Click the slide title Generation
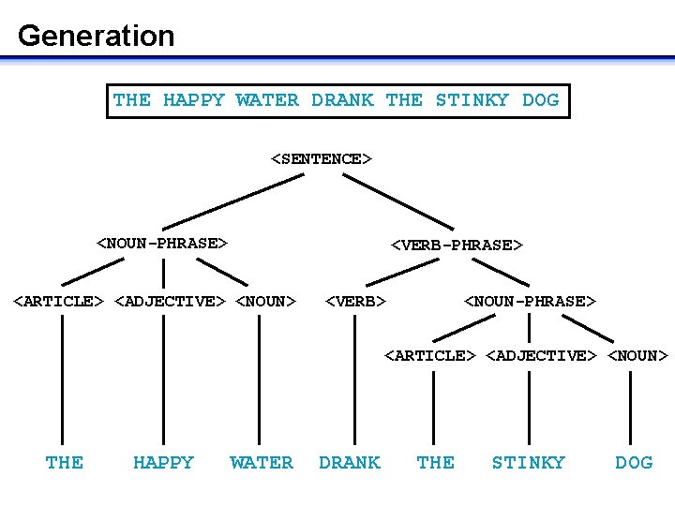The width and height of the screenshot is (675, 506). pos(96,36)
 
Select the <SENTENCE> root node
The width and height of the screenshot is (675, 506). pos(322,158)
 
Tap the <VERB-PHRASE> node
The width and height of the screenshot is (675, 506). pos(456,245)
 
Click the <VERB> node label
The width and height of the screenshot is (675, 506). pos(355,301)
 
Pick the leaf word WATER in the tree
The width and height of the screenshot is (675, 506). pos(261,462)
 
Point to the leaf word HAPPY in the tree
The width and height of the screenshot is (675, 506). pos(163,462)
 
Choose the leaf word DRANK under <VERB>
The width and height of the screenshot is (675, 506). pos(350,462)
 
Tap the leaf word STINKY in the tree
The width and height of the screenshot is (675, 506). pos(529,462)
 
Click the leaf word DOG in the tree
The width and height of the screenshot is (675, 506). pos(634,462)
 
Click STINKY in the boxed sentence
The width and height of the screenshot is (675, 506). pos(472,100)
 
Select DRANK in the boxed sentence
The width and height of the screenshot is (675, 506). pos(342,100)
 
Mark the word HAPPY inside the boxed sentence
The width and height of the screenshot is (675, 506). pos(194,100)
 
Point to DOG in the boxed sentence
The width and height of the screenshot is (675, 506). pos(540,100)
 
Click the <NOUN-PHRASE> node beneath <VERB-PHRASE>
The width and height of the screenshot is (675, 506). pos(530,301)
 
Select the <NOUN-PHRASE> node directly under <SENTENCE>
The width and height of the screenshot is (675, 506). pos(163,244)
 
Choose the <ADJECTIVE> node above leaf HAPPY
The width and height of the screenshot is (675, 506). pos(170,301)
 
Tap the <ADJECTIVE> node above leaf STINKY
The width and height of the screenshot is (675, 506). pos(542,355)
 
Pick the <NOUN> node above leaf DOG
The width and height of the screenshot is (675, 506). pos(637,355)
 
